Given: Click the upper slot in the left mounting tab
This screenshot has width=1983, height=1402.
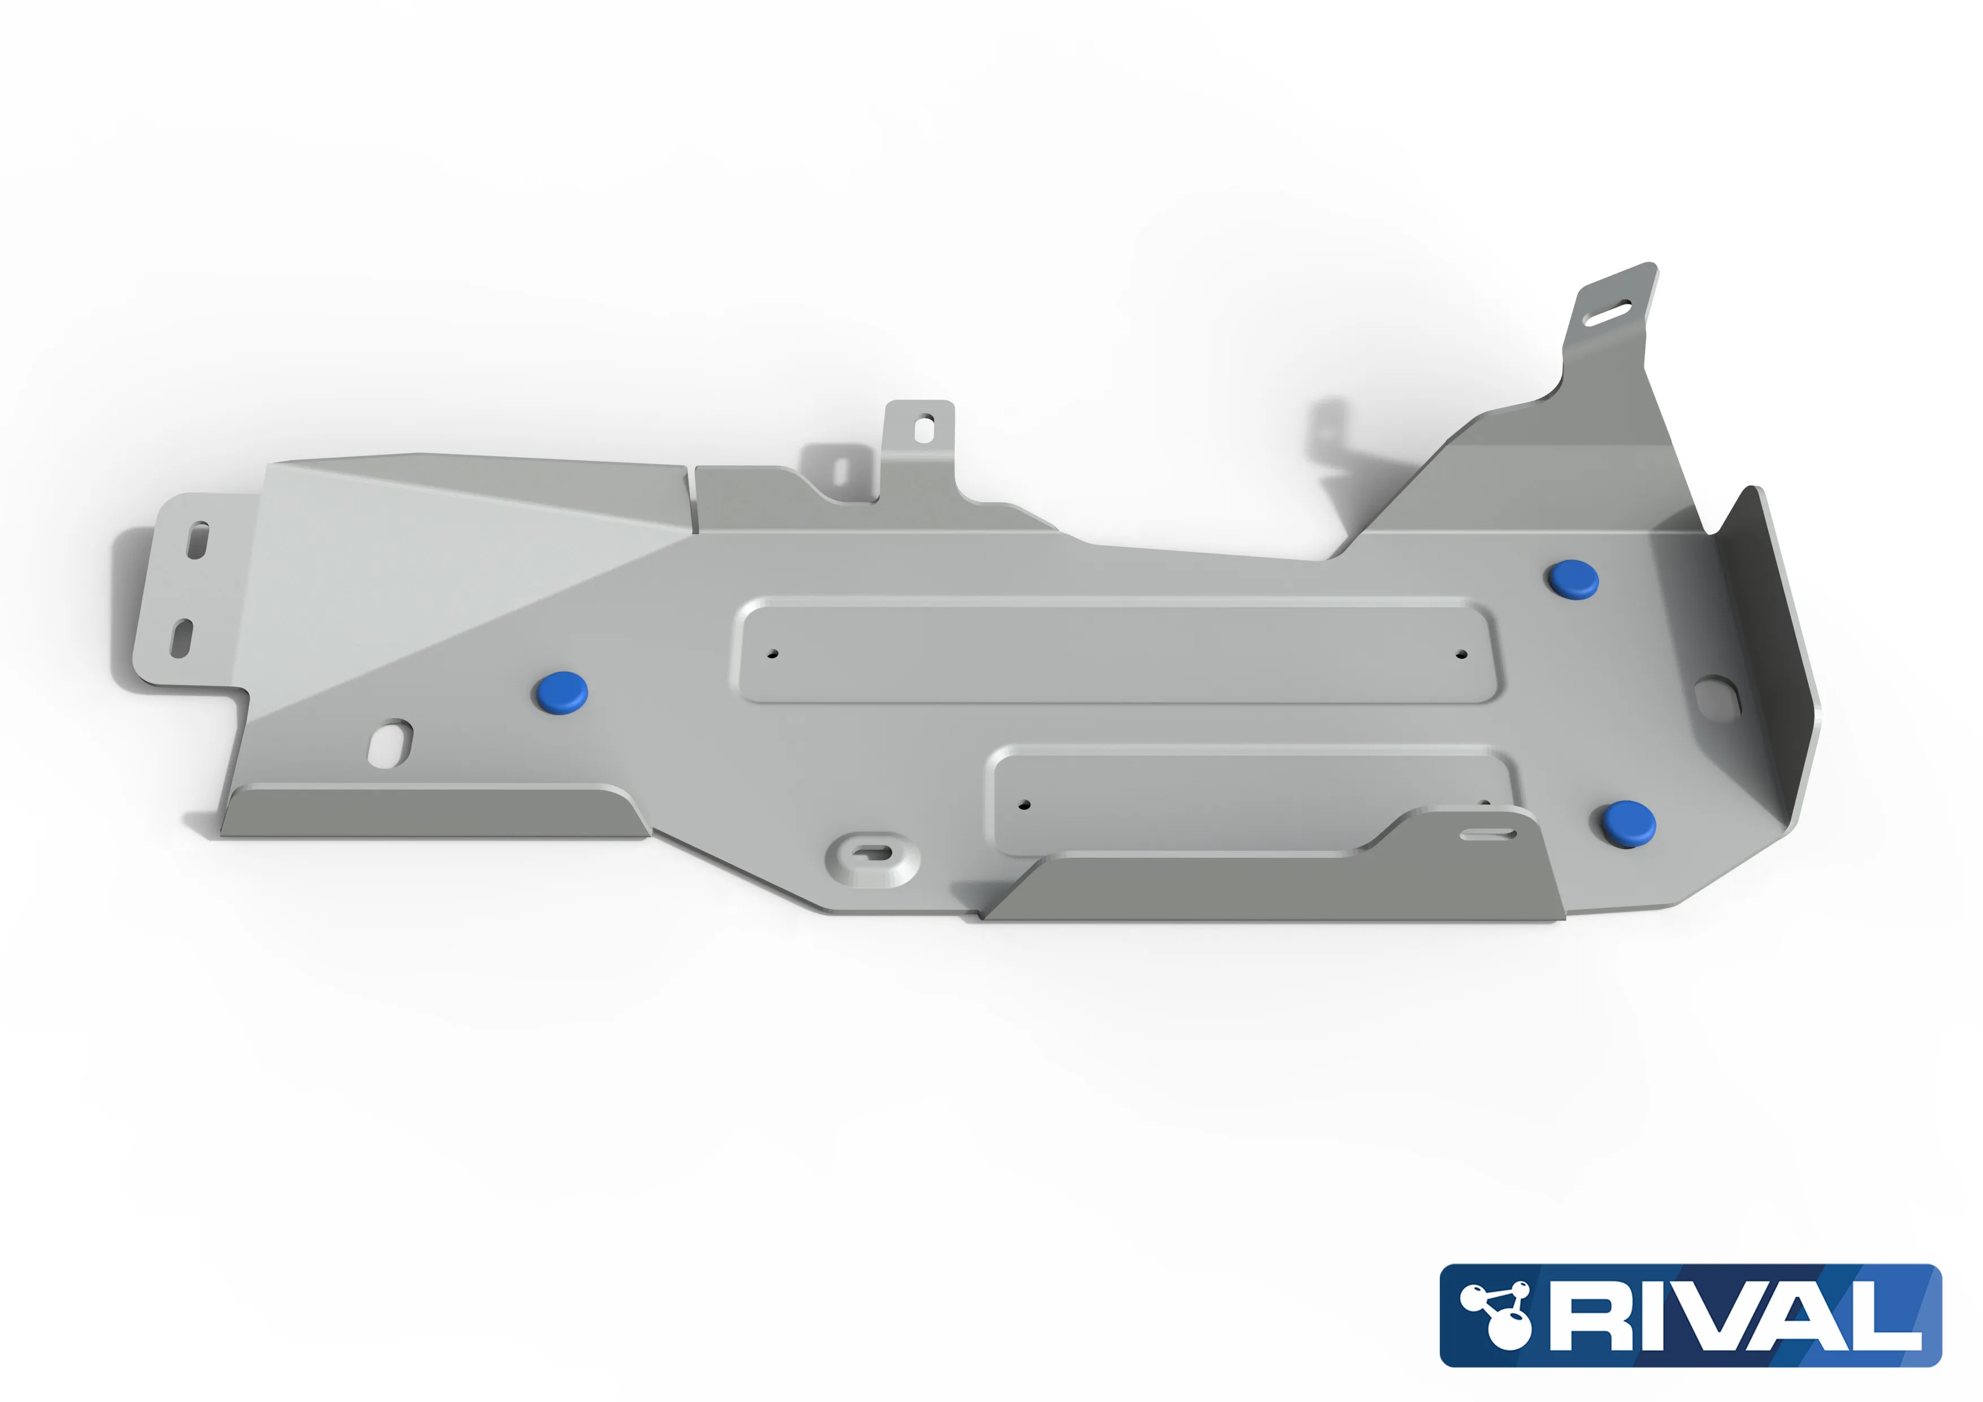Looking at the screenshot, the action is point(198,540).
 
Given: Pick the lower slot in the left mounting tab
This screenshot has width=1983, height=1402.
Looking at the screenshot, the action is point(181,638).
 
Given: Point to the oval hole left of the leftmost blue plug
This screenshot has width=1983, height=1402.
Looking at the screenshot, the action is point(391,743).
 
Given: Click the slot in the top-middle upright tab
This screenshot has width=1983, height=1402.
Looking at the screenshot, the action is point(923,429).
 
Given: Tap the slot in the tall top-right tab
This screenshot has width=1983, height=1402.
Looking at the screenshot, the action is point(1607,313).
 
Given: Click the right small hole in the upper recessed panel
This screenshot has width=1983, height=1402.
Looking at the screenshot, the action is point(1461,654).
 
